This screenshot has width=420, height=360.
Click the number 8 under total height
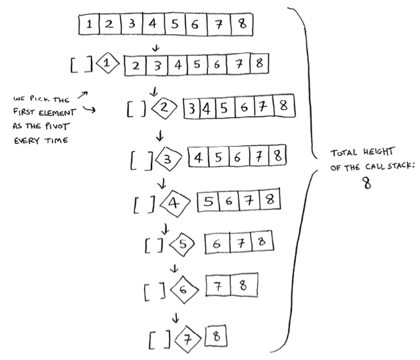[366, 183]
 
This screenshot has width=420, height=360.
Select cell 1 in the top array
[89, 26]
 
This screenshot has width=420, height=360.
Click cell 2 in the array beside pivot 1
[136, 65]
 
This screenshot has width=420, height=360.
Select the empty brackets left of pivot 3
[141, 160]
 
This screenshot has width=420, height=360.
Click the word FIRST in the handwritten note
[24, 113]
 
